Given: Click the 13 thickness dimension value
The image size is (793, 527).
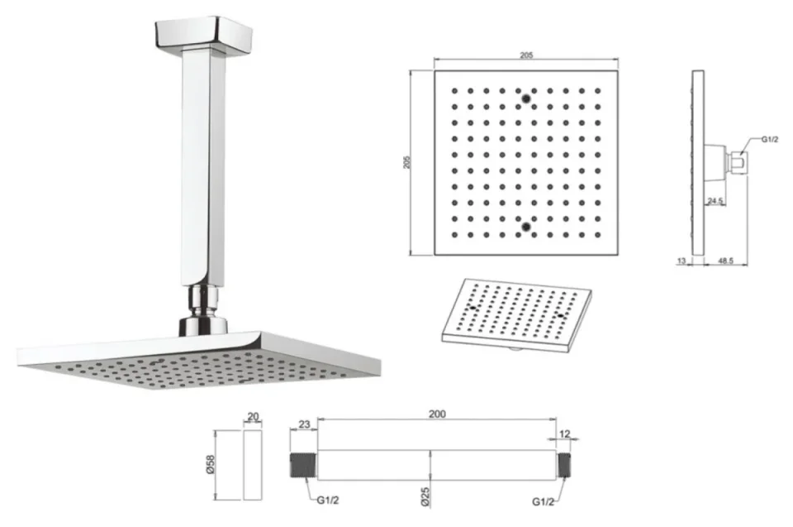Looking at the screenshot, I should [681, 261].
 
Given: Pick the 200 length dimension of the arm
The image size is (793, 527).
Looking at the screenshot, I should [436, 414].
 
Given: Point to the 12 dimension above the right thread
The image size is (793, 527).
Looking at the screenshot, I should [564, 434].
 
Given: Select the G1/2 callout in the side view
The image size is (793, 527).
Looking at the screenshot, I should [770, 139].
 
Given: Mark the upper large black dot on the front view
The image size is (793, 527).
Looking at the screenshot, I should [525, 100].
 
